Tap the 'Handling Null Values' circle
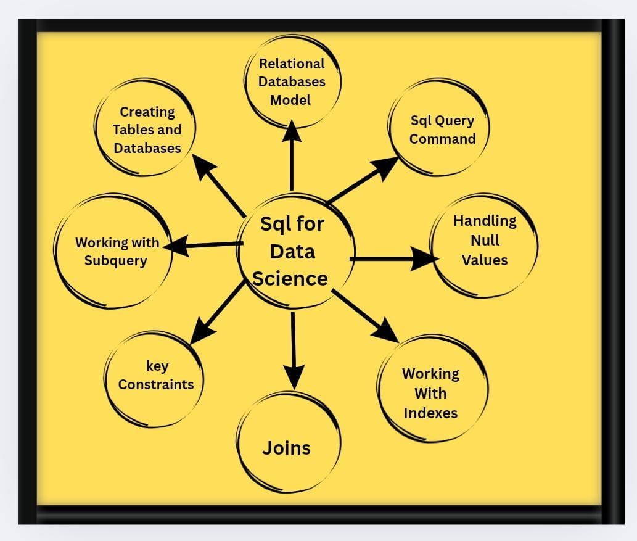[484, 244]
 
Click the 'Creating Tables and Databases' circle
[147, 130]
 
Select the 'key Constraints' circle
[155, 376]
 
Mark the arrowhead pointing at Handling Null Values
[425, 258]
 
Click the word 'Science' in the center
[290, 279]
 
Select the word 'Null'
[484, 240]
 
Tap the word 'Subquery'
[116, 260]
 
